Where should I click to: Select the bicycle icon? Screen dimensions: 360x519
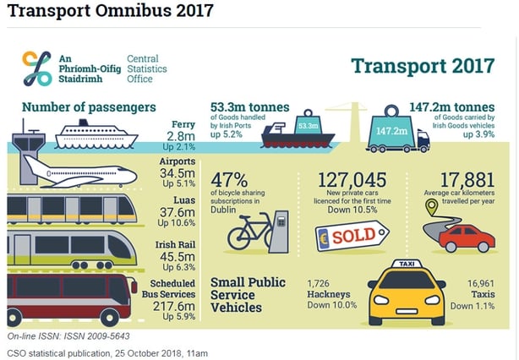pyautogui.click(x=251, y=229)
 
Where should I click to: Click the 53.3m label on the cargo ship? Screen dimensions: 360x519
pyautogui.click(x=308, y=126)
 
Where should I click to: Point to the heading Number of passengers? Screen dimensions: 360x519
pyautogui.click(x=89, y=106)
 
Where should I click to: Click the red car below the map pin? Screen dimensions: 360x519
pyautogui.click(x=467, y=237)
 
